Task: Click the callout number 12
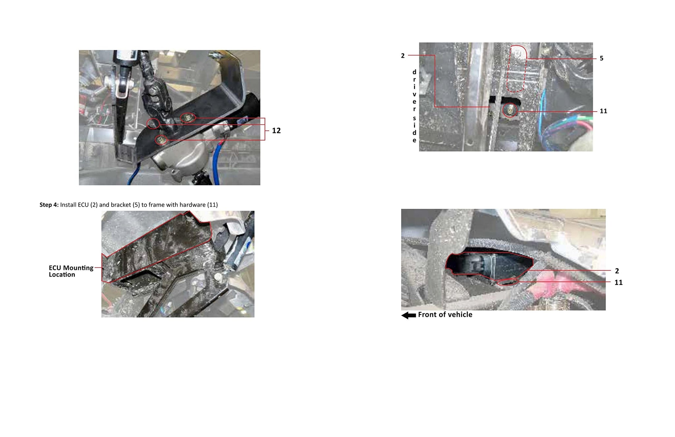(x=276, y=131)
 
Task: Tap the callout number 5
(x=602, y=58)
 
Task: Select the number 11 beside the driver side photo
(x=603, y=111)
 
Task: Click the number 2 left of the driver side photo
(x=403, y=56)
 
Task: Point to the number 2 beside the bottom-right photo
(x=617, y=271)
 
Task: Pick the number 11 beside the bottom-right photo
(x=619, y=282)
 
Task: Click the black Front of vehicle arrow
(x=409, y=315)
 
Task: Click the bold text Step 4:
(x=49, y=205)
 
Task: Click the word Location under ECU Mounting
(x=62, y=275)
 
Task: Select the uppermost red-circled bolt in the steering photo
(x=188, y=117)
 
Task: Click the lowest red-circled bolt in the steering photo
(x=161, y=140)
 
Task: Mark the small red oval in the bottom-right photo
(x=508, y=282)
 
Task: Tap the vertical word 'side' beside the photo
(x=414, y=129)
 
